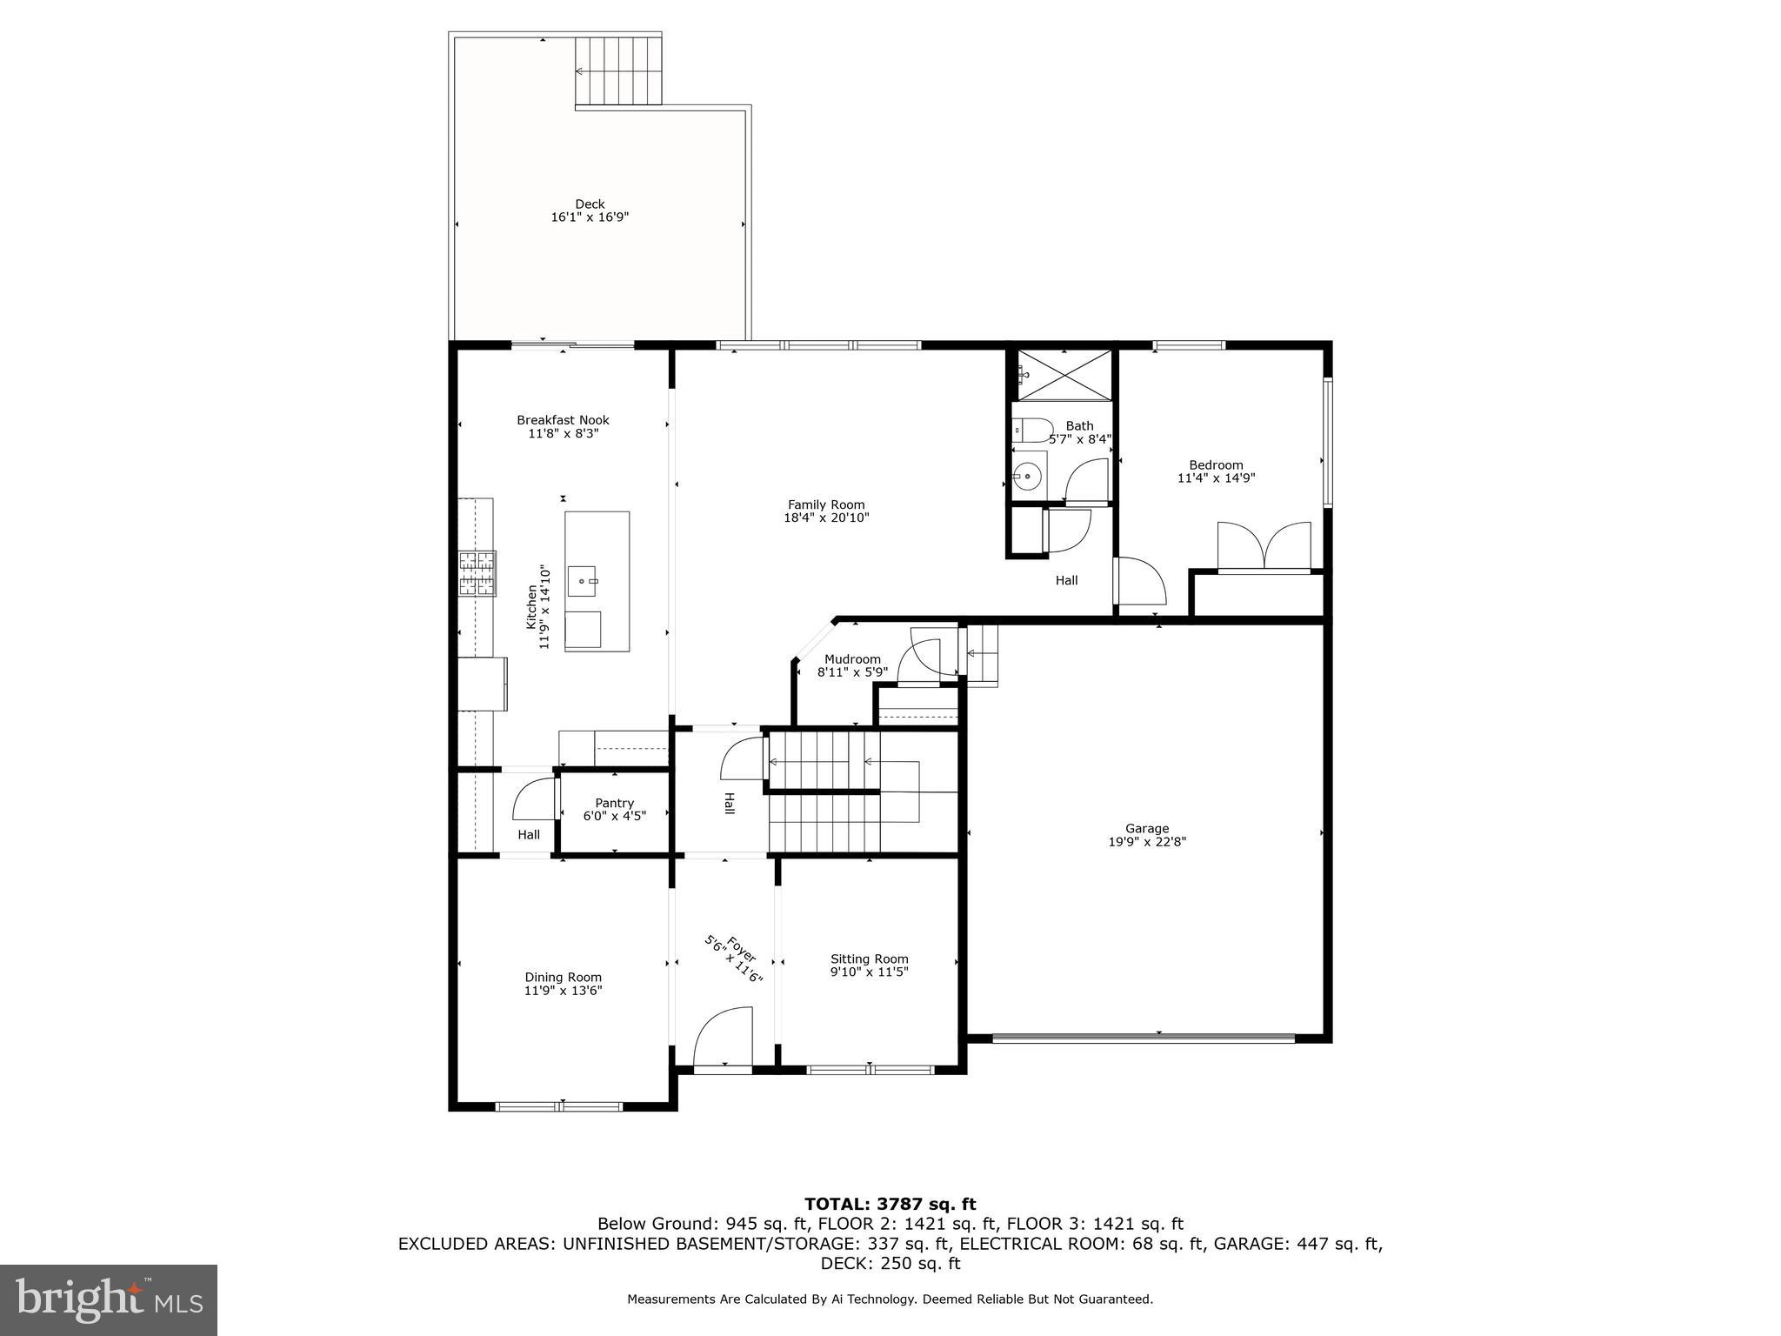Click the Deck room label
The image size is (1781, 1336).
coord(589,204)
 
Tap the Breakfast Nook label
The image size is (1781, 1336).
coord(563,420)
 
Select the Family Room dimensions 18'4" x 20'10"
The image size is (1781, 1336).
coord(826,518)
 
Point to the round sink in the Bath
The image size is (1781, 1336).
coord(1028,476)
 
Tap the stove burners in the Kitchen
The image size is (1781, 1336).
coord(477,574)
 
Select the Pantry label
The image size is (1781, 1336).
coord(614,803)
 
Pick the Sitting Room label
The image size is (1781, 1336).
coord(869,959)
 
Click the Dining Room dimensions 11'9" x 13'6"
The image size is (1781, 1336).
coord(563,991)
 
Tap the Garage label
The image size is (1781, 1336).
coord(1146,828)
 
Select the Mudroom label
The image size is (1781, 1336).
coord(852,659)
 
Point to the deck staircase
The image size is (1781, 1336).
coord(618,71)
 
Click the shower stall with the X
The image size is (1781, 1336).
coord(1064,375)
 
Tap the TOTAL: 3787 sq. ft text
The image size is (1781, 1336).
coord(890,1204)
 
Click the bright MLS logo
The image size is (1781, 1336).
coord(109,1299)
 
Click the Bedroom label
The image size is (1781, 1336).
coord(1216,464)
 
